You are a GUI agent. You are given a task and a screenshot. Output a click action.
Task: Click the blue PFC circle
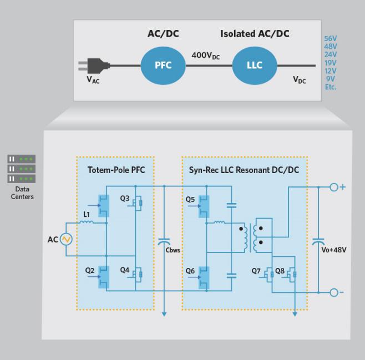coord(163,65)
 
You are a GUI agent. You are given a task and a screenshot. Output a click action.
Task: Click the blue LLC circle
coord(255,65)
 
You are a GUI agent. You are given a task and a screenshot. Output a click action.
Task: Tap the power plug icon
coord(94,65)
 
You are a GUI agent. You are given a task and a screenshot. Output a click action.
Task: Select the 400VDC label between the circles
coord(206,55)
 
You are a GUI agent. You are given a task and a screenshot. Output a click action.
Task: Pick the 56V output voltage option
coord(331,38)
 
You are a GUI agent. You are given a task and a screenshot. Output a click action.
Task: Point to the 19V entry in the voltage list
coord(331,63)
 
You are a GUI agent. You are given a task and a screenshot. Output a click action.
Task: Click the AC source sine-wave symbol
coord(66,239)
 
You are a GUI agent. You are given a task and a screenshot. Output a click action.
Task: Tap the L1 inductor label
coord(87,214)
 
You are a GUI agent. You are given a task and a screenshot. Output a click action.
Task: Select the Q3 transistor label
coord(125,199)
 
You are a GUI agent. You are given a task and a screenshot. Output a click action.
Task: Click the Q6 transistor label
coord(190,271)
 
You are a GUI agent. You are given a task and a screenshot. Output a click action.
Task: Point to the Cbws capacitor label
coord(173,250)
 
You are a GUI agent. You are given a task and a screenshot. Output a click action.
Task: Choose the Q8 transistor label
coord(280,271)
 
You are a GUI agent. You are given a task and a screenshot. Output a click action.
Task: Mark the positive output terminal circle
coord(334,187)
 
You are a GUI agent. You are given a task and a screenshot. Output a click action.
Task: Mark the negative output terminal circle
coord(334,292)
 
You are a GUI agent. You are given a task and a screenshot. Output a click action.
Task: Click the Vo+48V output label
coord(334,250)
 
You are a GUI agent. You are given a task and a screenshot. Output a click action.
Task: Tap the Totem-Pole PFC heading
coord(116,170)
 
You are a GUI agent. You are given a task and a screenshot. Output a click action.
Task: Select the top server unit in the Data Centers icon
coord(22,159)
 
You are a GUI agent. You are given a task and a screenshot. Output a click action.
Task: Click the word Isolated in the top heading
coord(237,34)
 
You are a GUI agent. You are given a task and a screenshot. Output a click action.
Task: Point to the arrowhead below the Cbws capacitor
coord(164,314)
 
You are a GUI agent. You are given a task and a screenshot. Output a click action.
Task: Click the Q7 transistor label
coord(256,271)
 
